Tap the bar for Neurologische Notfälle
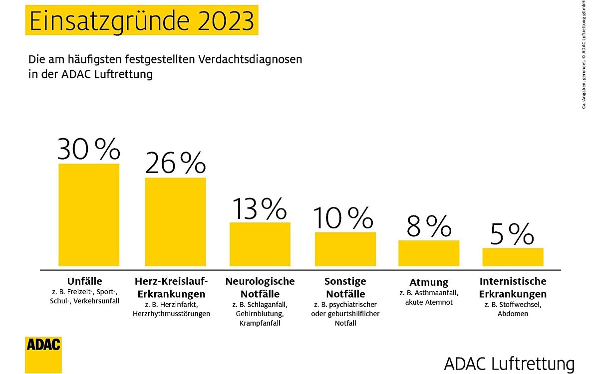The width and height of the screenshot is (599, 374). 260,244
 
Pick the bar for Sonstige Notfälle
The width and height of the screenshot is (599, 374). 345,249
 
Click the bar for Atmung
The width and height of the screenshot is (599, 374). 428,253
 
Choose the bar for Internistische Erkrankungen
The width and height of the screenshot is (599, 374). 512,257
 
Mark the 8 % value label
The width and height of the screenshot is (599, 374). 429,226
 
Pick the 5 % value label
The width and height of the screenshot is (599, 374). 512,234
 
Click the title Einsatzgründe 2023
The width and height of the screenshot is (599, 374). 141,21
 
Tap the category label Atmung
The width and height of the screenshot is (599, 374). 428,282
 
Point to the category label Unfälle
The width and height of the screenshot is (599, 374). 84,281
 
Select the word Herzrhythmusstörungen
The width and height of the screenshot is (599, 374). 171,314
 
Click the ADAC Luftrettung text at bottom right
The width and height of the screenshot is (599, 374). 509,362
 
